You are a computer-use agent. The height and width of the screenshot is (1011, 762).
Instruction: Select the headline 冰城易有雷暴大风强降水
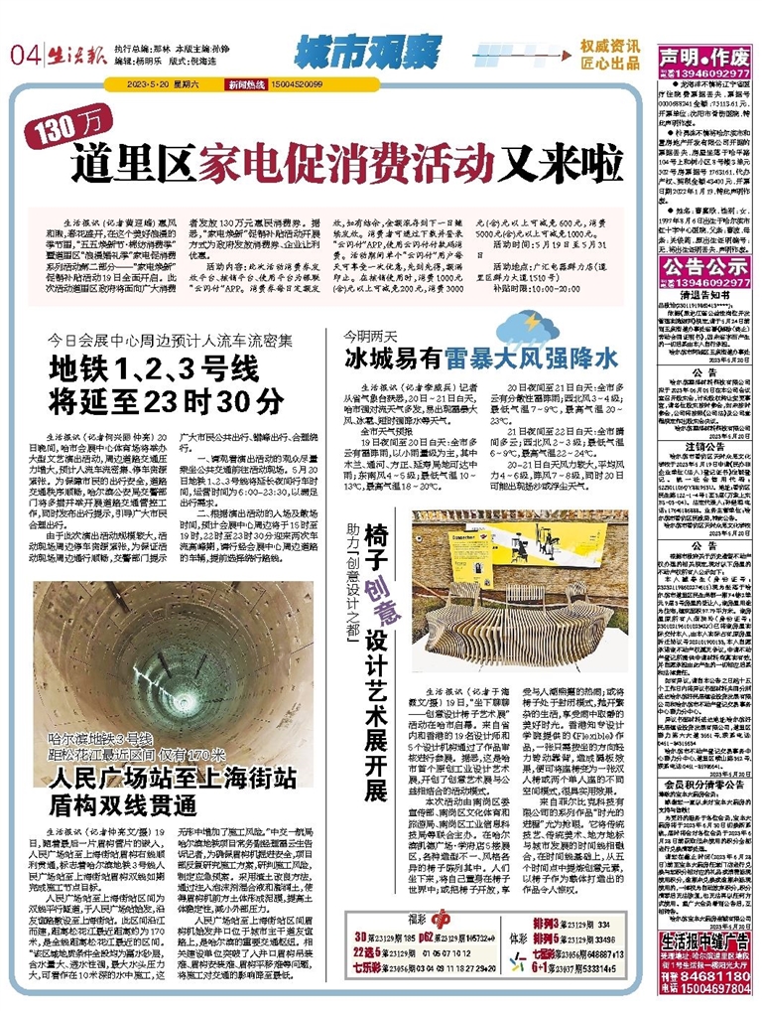480,355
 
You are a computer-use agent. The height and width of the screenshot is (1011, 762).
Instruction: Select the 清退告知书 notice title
705,294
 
